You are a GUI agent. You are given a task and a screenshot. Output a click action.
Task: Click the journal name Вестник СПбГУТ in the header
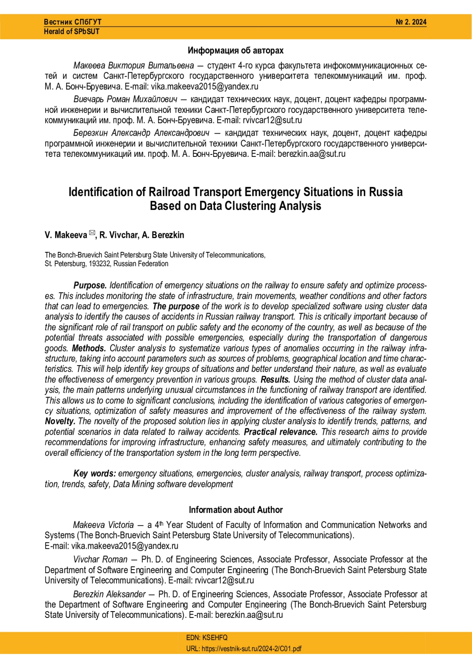(72, 22)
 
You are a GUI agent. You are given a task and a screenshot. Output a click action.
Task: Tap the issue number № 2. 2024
(411, 22)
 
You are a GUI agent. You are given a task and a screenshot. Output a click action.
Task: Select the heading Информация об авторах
(235, 50)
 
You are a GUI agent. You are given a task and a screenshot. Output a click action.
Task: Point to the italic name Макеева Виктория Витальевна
(133, 65)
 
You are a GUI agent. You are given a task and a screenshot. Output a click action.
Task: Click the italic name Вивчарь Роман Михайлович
(125, 99)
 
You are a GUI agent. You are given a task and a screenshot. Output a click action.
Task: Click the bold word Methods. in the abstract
(89, 348)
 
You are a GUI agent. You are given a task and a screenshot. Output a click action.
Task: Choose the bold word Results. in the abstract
(275, 380)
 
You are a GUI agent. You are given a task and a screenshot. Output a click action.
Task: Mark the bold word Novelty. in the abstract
(60, 421)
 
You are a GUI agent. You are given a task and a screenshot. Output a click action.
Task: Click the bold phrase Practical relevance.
(280, 432)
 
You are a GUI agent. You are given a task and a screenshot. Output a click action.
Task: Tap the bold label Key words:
(94, 474)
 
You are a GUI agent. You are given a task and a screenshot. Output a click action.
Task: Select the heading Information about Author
(236, 510)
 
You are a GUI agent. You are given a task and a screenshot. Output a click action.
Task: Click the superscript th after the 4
(161, 523)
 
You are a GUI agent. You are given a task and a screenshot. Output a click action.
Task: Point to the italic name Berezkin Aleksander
(109, 594)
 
